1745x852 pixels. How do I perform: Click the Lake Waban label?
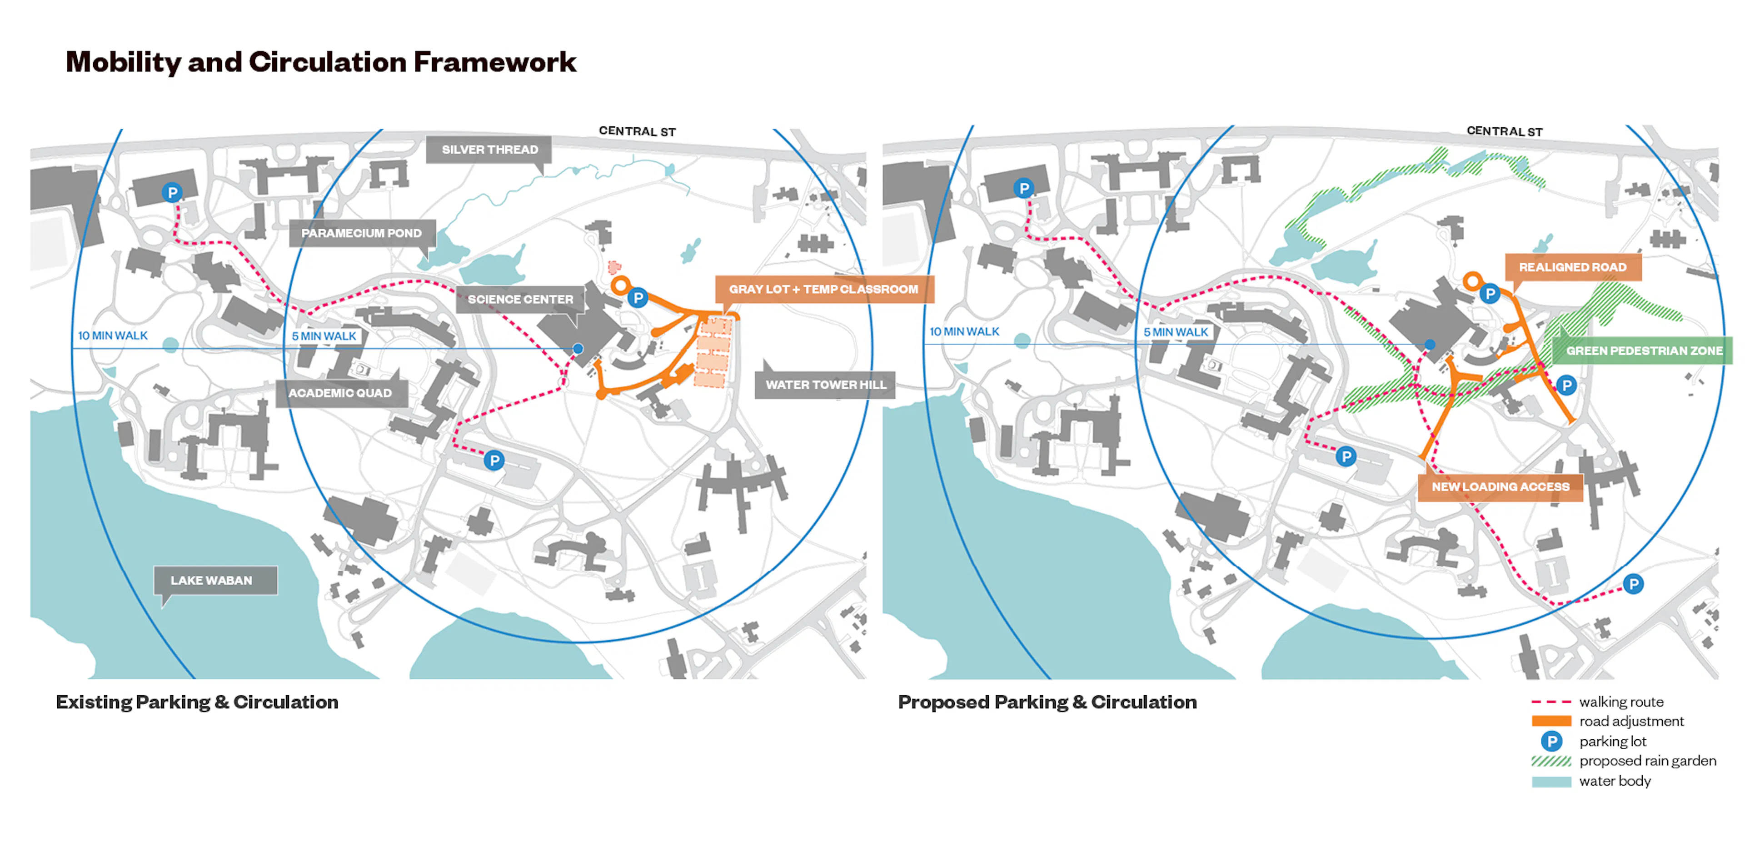tap(211, 580)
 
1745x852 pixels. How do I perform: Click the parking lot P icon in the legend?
tap(1551, 741)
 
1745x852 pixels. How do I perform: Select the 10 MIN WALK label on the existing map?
tap(112, 336)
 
